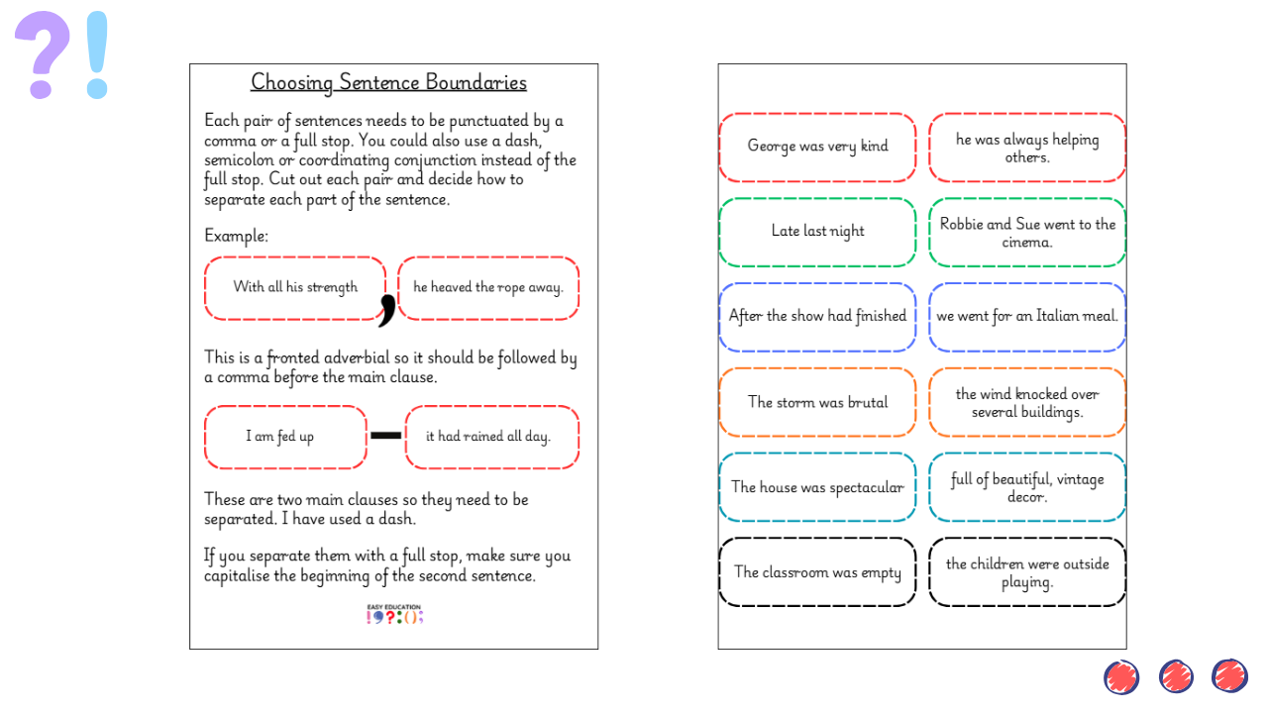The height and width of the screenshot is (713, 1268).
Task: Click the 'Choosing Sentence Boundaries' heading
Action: coord(388,82)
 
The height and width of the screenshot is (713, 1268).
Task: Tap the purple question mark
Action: coord(43,54)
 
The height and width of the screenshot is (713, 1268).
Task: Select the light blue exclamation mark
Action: coord(96,54)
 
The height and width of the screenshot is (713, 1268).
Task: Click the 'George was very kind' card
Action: coord(817,147)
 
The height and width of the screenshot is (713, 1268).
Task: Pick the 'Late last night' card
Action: coord(817,232)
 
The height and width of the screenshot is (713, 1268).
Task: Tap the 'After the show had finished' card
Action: coord(817,317)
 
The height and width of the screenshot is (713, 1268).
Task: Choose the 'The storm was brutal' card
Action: coord(817,402)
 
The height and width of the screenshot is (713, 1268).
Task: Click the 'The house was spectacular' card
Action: coord(817,487)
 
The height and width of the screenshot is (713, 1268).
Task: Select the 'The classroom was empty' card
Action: coord(817,572)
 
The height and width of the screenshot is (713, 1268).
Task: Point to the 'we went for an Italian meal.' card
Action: coord(1027,317)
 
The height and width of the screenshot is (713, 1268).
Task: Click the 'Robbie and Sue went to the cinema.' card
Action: coord(1027,233)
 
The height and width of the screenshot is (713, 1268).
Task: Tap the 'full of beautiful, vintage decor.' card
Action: coord(1027,487)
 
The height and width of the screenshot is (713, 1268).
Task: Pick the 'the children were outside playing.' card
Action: coord(1027,572)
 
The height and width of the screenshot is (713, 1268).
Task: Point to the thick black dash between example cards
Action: coord(385,435)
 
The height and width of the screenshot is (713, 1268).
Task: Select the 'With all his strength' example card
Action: coord(295,288)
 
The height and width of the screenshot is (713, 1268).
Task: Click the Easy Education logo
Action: coord(394,614)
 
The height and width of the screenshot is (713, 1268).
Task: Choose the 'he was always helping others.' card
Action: coord(1027,148)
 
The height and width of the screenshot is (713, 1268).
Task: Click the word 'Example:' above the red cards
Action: coord(236,236)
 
